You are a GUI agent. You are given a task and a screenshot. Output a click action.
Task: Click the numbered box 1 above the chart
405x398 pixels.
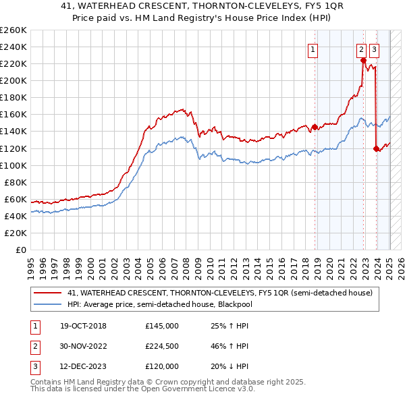point(314,48)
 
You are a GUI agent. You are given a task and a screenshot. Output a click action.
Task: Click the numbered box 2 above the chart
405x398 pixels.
point(361,48)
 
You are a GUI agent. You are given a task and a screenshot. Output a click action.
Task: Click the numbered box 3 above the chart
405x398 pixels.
point(374,48)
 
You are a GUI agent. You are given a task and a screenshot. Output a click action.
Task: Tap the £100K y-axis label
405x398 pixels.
point(13,165)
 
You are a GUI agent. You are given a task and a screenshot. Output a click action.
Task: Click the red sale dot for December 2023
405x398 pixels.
point(376,148)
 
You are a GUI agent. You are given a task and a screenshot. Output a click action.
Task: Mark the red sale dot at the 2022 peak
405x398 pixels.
point(363,60)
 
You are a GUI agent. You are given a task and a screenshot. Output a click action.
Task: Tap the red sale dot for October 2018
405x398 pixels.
point(315,127)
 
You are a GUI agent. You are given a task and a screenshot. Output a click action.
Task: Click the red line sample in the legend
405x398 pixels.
point(47,293)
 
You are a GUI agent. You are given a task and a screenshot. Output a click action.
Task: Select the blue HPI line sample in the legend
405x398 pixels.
point(47,304)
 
